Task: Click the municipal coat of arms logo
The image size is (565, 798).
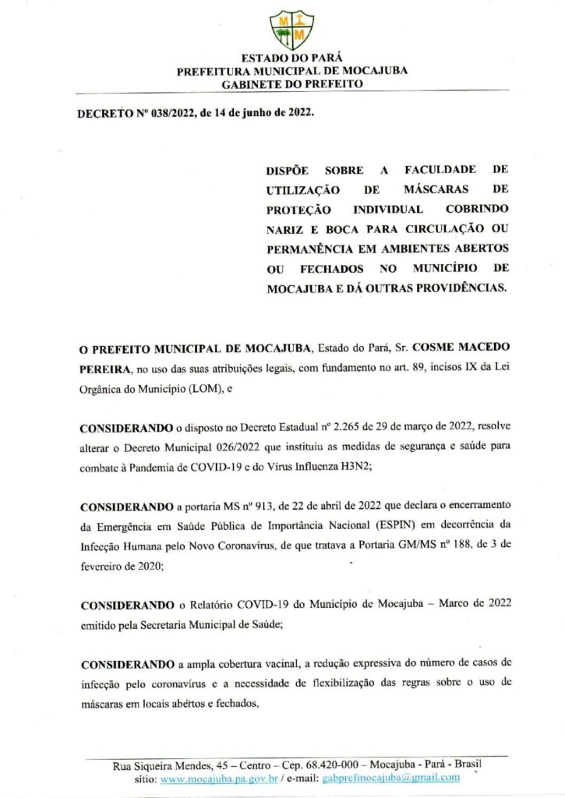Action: tap(291, 30)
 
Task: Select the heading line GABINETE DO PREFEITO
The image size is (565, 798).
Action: tap(292, 83)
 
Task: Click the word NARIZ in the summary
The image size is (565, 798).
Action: tap(287, 228)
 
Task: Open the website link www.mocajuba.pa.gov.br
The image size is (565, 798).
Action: tap(219, 778)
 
